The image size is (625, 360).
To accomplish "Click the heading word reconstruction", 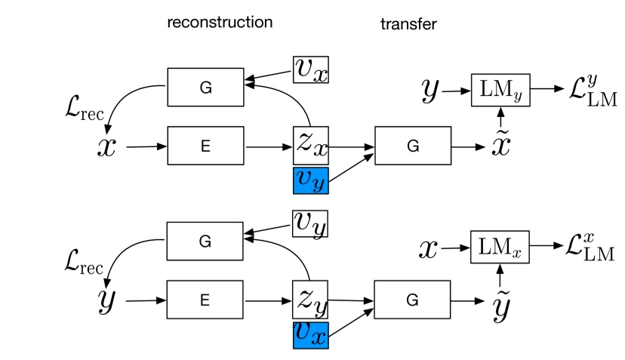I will tap(219, 22).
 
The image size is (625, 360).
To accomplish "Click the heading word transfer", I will tap(408, 25).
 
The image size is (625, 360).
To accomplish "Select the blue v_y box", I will tap(310, 181).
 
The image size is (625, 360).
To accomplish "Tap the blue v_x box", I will tap(310, 334).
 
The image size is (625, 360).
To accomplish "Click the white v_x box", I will tap(310, 69).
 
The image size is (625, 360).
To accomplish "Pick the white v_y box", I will tap(310, 222).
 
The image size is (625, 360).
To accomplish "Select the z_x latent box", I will tap(310, 146).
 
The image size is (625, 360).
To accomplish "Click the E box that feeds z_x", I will tap(205, 146).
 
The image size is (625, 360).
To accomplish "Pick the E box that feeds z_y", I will tap(205, 300).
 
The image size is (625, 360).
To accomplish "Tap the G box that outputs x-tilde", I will tap(412, 146).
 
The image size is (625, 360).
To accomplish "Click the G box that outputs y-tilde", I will tap(412, 300).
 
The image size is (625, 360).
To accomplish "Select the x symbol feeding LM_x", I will tap(428, 248).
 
